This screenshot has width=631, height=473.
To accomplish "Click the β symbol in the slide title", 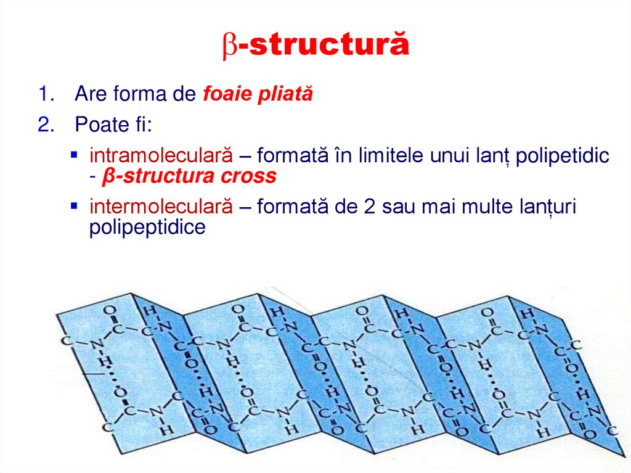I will [x=229, y=46].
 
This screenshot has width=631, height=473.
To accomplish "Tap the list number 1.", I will [x=43, y=94].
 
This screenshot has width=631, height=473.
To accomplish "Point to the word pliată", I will [x=286, y=94].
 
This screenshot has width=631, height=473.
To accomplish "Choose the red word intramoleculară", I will [x=161, y=156].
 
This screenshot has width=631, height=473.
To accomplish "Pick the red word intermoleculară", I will [x=161, y=207].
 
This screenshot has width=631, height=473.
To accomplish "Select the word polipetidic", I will [x=562, y=156].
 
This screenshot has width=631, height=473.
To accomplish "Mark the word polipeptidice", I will [x=147, y=228].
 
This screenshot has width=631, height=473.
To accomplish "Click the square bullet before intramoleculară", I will [x=74, y=154].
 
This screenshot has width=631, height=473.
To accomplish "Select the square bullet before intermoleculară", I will [x=74, y=205].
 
